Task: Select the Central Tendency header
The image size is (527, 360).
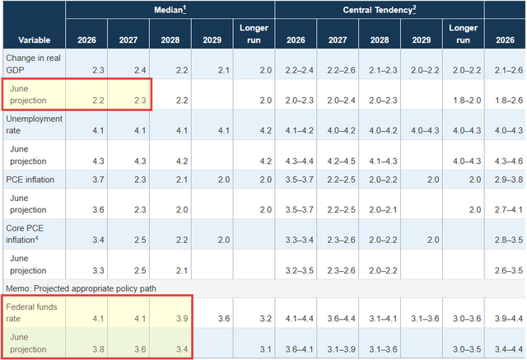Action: [380, 10]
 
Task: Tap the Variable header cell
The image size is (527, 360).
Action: [35, 40]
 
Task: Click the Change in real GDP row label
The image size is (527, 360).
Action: [33, 64]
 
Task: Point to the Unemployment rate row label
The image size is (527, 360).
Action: [34, 124]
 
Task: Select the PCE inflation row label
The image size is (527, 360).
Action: [30, 180]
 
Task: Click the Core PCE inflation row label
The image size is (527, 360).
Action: [25, 234]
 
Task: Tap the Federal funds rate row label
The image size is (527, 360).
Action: [31, 312]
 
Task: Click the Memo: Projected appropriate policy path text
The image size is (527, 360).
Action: [81, 288]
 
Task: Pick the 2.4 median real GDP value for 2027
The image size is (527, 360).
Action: [140, 70]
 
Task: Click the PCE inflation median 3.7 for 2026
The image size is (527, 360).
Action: [98, 180]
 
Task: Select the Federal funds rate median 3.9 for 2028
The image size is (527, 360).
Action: [182, 318]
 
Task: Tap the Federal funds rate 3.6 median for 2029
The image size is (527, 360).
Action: [223, 318]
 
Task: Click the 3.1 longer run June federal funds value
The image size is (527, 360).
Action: [265, 349]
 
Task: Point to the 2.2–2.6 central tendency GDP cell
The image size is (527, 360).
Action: [341, 70]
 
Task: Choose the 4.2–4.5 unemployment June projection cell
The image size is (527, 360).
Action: [341, 161]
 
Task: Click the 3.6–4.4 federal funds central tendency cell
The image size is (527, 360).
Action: [341, 318]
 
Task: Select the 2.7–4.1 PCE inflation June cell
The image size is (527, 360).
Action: [509, 210]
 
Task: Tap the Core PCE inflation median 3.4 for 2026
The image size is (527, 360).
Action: [98, 240]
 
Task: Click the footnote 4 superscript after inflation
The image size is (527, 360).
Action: [36, 238]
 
